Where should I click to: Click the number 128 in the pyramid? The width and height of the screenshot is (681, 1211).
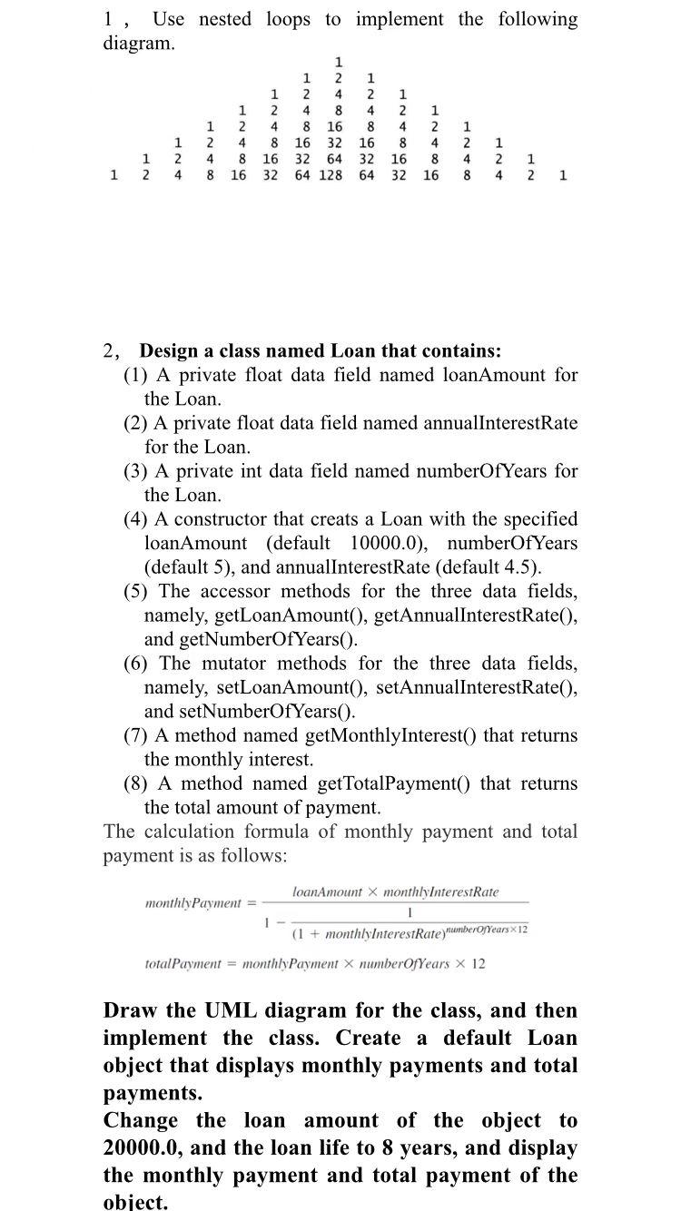click(x=331, y=175)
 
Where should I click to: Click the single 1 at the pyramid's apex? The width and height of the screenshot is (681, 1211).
click(x=338, y=62)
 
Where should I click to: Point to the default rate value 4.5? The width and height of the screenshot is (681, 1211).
click(x=523, y=567)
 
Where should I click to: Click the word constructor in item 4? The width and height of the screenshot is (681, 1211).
click(x=208, y=519)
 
